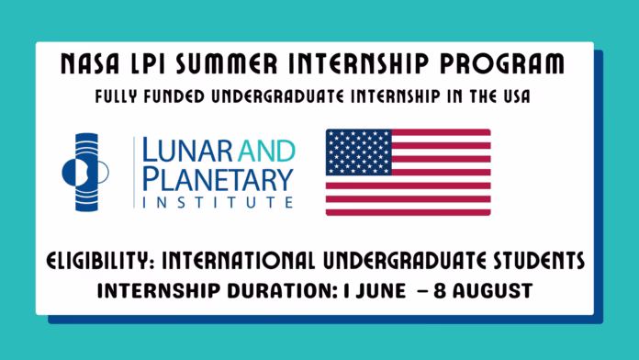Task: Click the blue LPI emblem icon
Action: [x=85, y=172]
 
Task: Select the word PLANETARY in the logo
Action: [x=215, y=177]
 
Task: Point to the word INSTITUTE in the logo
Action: [x=215, y=201]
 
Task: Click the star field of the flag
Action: [x=358, y=151]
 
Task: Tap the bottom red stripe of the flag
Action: [x=408, y=212]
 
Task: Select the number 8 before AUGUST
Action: [x=438, y=293]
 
